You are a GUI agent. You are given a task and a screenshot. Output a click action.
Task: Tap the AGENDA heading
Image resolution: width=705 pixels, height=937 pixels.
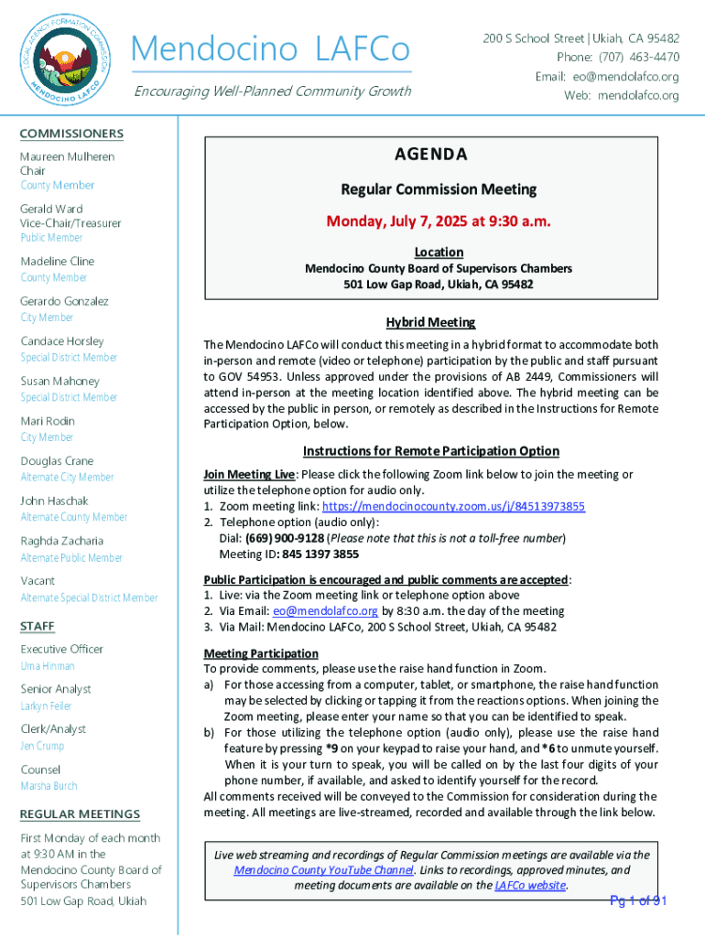(430, 155)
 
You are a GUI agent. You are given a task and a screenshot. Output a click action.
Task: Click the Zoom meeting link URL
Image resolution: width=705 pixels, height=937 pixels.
(453, 506)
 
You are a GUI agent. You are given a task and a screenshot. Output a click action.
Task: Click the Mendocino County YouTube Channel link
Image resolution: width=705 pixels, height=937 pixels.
(321, 870)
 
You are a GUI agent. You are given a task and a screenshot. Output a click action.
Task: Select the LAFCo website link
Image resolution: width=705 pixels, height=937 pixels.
(530, 886)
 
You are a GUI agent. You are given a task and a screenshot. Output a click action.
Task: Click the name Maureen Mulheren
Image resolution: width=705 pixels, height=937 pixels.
(68, 156)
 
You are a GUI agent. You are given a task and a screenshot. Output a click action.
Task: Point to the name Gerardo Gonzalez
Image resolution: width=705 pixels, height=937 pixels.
(64, 301)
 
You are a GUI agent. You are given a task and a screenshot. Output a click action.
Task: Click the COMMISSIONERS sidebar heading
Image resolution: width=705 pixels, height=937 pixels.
(71, 134)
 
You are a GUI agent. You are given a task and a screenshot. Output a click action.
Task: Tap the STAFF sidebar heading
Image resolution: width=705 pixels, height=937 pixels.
(38, 626)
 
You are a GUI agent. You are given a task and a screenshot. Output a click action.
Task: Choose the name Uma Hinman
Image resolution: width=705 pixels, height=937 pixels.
(48, 666)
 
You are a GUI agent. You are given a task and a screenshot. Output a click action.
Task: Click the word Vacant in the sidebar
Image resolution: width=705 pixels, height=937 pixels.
(38, 580)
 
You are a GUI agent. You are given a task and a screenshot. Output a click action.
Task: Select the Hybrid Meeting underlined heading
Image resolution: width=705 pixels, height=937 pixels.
(430, 323)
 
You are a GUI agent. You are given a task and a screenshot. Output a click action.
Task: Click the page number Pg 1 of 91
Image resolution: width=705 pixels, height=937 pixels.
(639, 901)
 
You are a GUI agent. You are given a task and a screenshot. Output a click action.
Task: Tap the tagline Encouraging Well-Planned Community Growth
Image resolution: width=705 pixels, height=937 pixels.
(272, 91)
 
